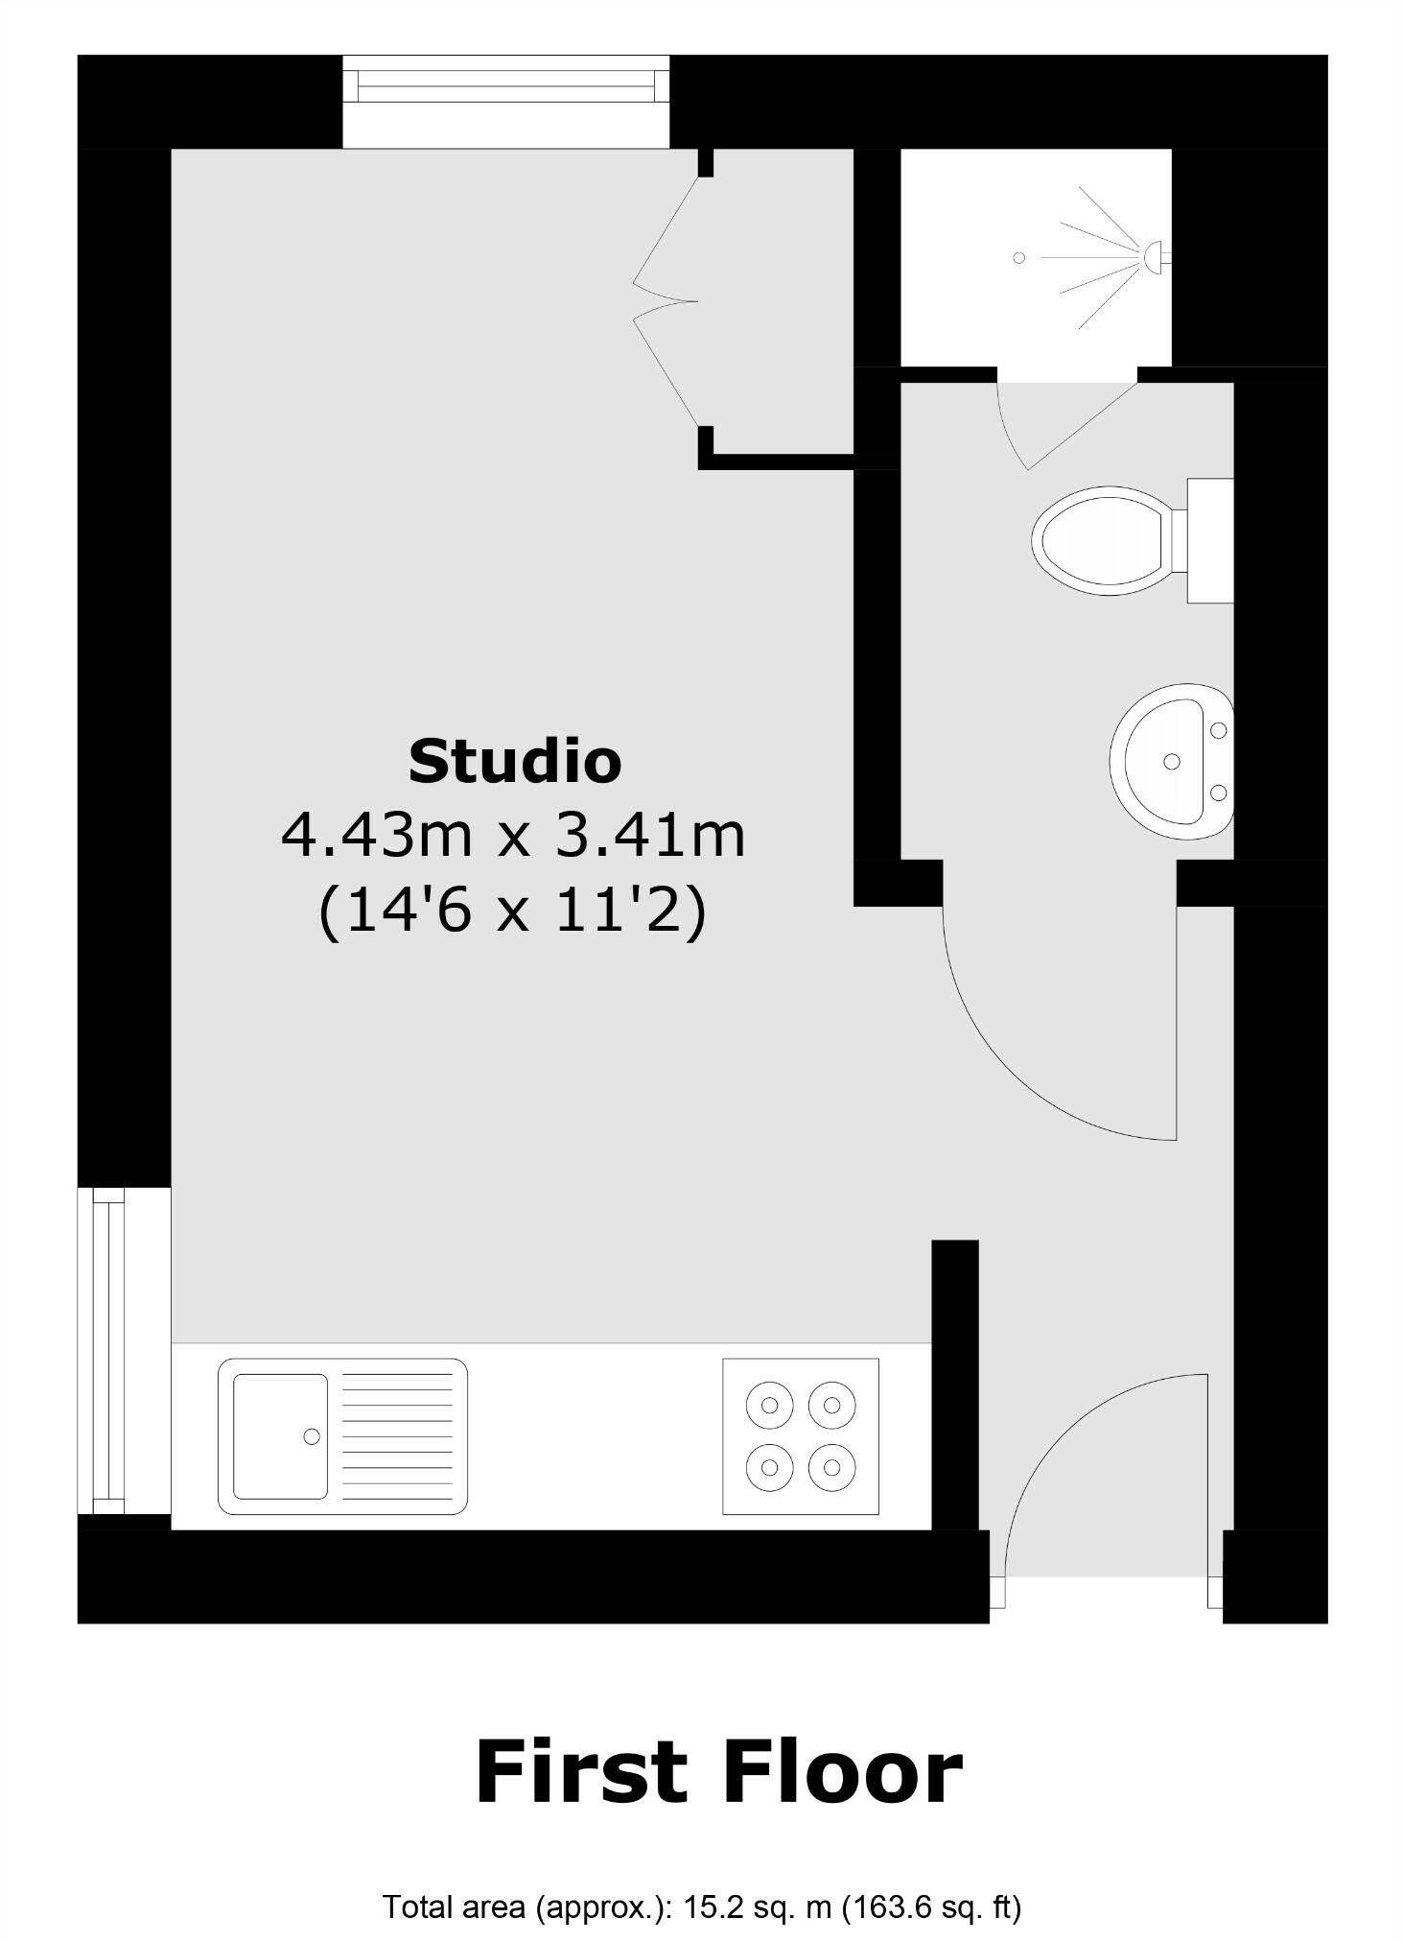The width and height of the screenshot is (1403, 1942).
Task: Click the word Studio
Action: [x=515, y=761]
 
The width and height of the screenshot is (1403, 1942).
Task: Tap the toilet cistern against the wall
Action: [x=1209, y=540]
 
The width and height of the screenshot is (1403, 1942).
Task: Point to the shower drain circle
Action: [x=1018, y=257]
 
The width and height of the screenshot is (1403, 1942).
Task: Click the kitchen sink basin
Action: [x=280, y=1436]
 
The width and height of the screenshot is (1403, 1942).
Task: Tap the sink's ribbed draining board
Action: [x=397, y=1436]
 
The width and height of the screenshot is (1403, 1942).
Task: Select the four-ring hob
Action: [x=800, y=1436]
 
